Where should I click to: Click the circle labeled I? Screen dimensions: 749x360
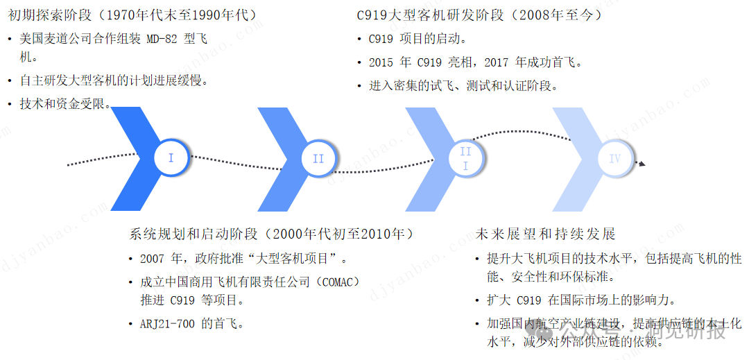[x=171, y=158]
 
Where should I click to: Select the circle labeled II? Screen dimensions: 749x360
[x=318, y=159]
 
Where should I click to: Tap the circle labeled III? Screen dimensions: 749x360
[x=465, y=159]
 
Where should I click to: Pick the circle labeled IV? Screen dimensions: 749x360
[x=614, y=159]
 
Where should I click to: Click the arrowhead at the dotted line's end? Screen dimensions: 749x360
[x=642, y=164]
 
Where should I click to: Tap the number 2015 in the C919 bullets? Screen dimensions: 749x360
[x=381, y=62]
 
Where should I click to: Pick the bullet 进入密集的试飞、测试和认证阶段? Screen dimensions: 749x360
[x=463, y=86]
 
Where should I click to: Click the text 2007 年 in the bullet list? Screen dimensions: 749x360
[x=159, y=259]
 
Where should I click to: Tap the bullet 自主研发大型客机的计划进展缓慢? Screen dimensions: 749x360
[x=114, y=80]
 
